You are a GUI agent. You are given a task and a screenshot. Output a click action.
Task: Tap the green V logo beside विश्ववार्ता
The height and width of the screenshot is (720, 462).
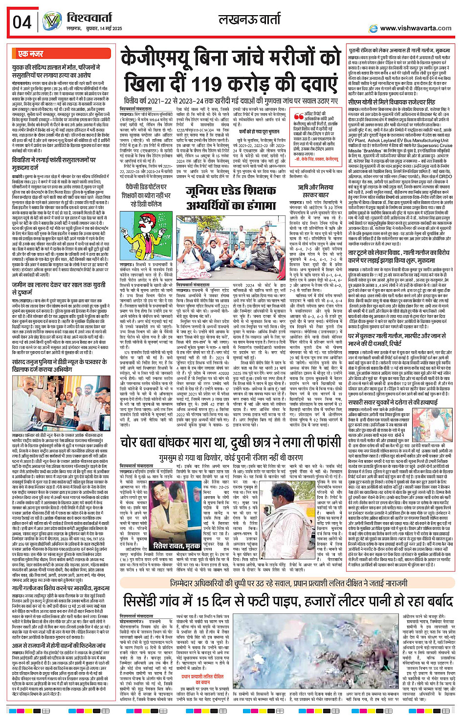51,21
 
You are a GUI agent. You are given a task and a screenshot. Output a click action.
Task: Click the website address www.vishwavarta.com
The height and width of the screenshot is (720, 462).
416,28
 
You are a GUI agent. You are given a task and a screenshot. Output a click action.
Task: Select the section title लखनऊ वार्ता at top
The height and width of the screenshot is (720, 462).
250,19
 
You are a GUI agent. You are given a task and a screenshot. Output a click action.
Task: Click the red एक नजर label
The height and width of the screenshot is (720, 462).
30,54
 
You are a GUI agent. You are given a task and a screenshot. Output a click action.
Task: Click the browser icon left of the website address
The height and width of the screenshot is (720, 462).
374,28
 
